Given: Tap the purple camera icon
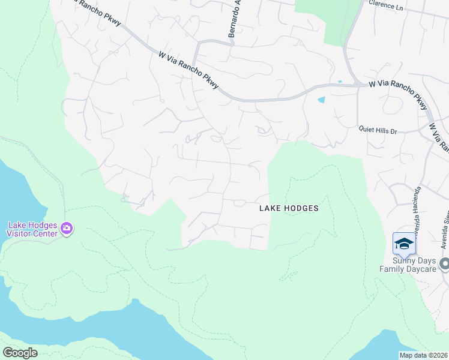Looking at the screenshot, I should click(x=66, y=229).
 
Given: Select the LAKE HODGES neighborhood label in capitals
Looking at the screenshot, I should click(x=288, y=209).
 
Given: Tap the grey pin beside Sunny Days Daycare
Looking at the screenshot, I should click(x=444, y=264).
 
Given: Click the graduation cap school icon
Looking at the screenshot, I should click(x=404, y=244).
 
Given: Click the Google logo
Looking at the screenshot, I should click(x=20, y=353).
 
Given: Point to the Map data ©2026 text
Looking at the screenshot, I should click(x=424, y=355).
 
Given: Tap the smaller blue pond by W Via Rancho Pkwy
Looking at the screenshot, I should click(x=340, y=82).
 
